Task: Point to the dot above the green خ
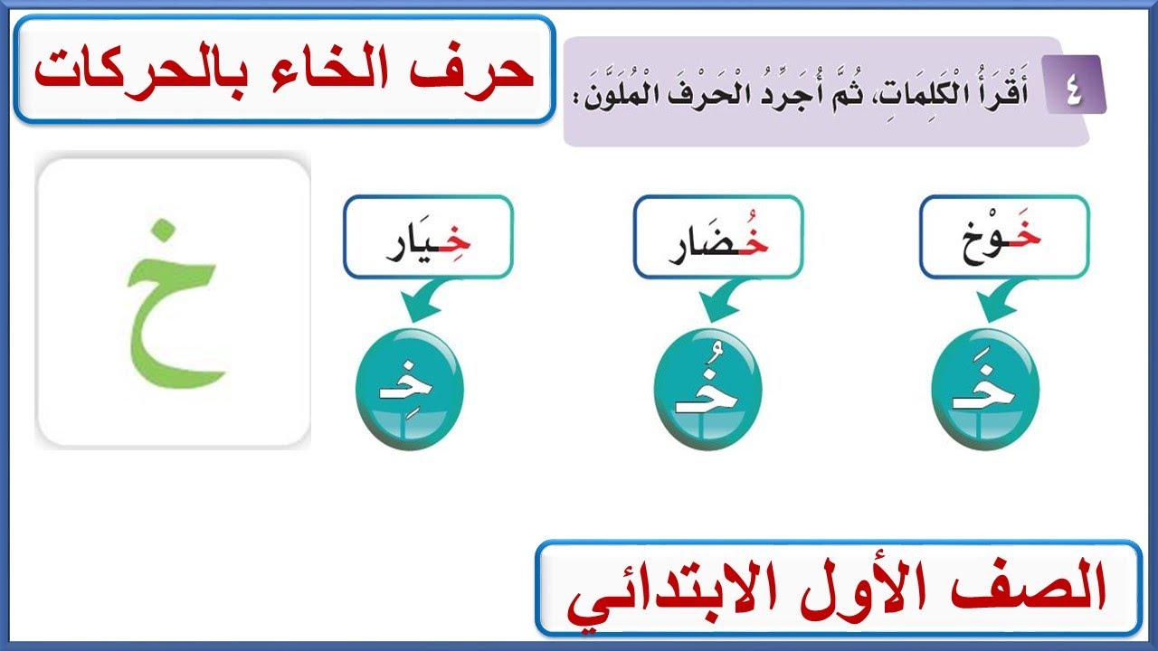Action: click(160, 230)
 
